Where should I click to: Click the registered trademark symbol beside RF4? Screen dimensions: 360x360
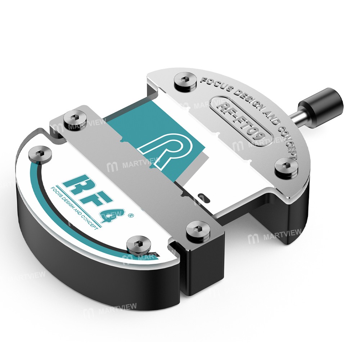coord(130,216)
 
